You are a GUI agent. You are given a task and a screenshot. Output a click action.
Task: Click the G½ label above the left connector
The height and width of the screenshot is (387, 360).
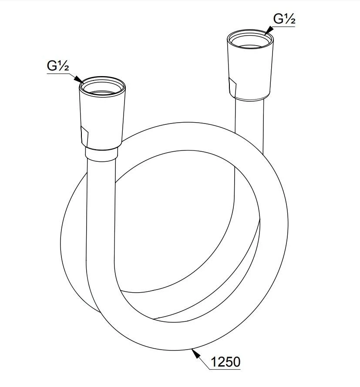tap(58, 66)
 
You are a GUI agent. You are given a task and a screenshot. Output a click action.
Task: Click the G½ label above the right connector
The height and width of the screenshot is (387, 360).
tap(284, 19)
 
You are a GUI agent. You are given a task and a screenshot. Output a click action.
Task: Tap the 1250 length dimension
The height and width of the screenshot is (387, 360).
tap(225, 362)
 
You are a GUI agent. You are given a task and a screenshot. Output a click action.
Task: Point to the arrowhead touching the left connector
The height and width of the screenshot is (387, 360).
tap(80, 80)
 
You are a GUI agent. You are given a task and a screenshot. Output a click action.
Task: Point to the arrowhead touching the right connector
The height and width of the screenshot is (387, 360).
tap(269, 30)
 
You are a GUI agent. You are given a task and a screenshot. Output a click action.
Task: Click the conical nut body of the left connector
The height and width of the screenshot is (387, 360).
tap(102, 118)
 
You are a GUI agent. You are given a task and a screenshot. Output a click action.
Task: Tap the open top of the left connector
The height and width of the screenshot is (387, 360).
tap(102, 87)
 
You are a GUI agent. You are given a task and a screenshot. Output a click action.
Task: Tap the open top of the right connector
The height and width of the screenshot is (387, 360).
tap(250, 40)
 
